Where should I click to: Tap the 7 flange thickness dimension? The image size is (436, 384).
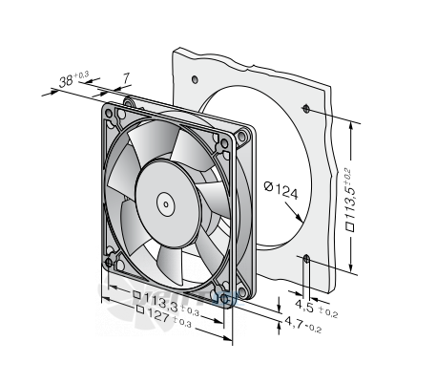[x=126, y=78]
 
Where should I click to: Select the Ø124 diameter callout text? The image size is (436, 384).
[x=281, y=190]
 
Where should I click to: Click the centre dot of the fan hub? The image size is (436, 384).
[x=166, y=204]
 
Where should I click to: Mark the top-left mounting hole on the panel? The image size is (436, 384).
[x=195, y=79]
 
